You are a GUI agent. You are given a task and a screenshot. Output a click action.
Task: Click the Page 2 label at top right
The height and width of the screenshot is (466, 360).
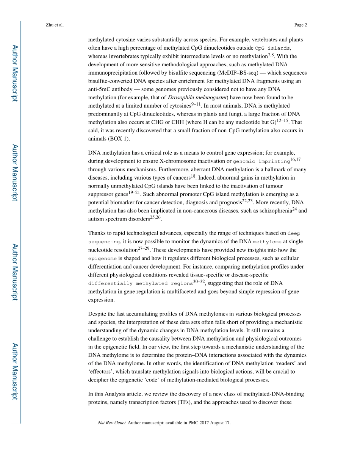(x=301, y=25)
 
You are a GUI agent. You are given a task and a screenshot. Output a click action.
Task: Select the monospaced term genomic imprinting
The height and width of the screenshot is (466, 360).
(x=261, y=161)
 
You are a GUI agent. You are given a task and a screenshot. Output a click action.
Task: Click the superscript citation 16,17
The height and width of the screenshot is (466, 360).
(x=295, y=160)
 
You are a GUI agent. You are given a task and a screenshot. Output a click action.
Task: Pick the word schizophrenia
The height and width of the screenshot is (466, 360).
(x=272, y=211)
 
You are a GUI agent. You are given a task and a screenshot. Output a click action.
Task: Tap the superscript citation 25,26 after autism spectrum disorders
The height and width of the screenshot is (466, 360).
(x=155, y=217)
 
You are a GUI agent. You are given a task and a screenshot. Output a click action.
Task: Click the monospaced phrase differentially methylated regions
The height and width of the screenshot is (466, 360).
(x=140, y=284)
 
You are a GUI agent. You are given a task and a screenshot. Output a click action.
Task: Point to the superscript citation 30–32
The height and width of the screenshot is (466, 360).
(x=199, y=281)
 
